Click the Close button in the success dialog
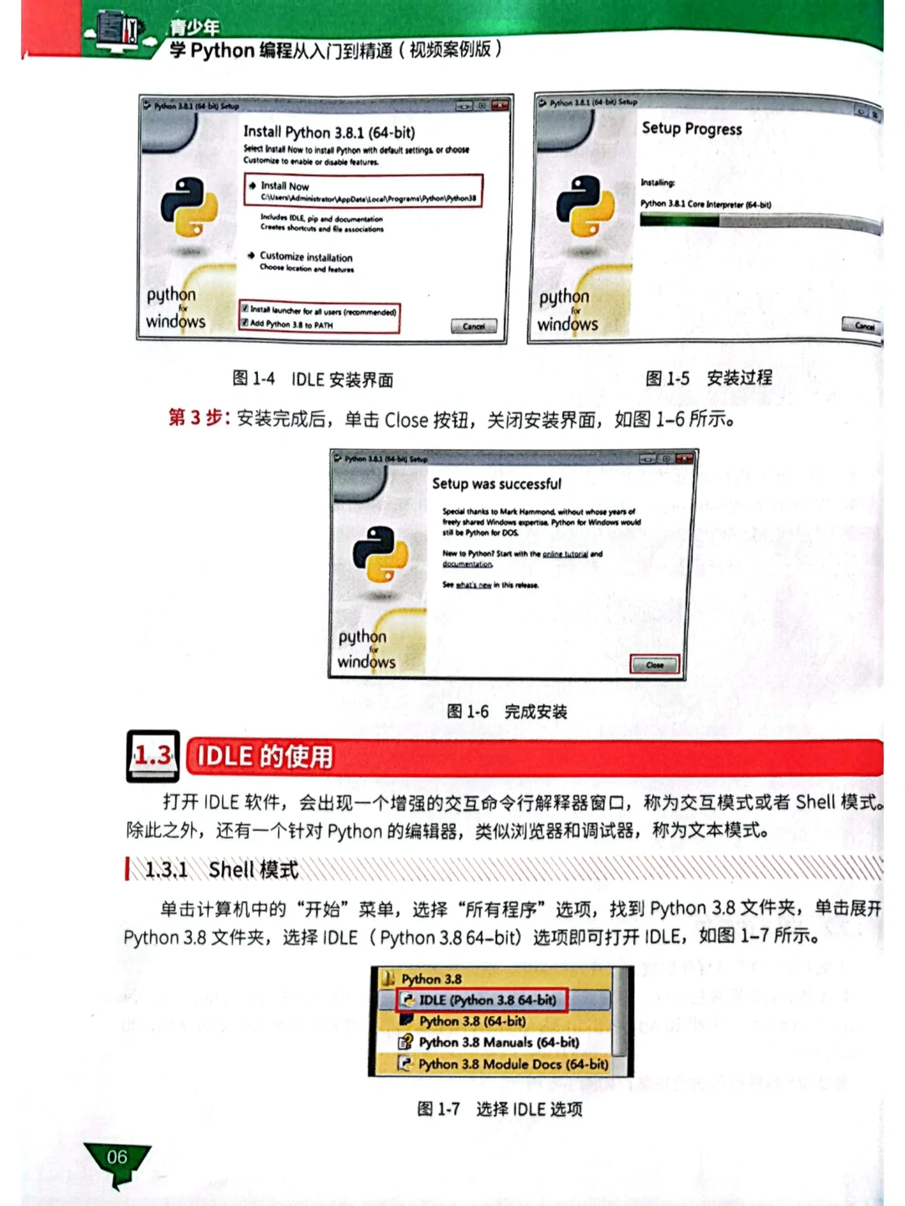(654, 665)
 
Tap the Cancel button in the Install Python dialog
(473, 326)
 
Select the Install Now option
(284, 186)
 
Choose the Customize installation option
(305, 256)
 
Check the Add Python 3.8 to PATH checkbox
(245, 323)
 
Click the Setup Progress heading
(691, 129)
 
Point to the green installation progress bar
(679, 220)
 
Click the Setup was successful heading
(496, 484)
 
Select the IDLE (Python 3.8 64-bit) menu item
(487, 1000)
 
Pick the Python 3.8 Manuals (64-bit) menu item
(498, 1043)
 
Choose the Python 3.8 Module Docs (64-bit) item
(513, 1064)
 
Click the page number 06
(117, 1157)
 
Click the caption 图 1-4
(254, 380)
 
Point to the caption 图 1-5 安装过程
(708, 378)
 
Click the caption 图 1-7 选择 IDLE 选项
(499, 1110)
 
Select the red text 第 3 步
(199, 418)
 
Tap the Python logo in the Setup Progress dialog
(586, 206)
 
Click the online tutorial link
(565, 554)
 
